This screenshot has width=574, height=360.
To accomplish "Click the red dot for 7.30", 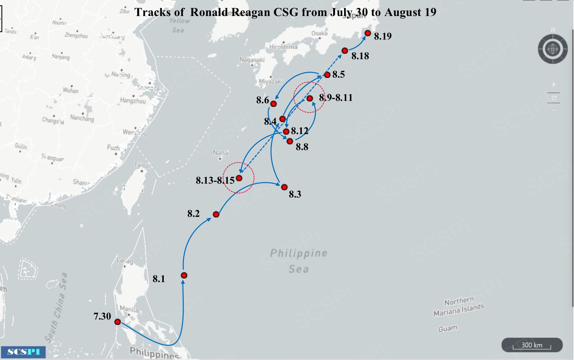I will (118, 322).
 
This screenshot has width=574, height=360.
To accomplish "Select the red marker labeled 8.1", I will (184, 275).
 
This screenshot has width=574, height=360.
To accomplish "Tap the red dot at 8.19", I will (368, 33).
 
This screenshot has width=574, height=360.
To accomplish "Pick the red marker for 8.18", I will (345, 51).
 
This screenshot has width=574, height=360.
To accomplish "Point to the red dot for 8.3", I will (284, 187).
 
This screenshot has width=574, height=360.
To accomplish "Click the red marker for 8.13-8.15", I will (239, 178).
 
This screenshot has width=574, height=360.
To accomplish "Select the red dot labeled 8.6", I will (273, 104).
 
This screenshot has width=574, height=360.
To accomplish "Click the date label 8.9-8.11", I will (336, 98).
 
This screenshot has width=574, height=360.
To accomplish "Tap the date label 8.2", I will (193, 214).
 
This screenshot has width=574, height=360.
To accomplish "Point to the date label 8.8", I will (302, 147).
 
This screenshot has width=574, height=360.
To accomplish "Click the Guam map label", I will (448, 328).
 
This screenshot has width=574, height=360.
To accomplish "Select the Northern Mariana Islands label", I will (459, 306).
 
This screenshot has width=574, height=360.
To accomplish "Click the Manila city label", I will (129, 309).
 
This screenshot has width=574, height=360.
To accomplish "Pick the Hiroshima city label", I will (283, 47).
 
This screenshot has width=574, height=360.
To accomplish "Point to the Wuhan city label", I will (71, 90).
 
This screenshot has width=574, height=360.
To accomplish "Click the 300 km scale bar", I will (532, 345).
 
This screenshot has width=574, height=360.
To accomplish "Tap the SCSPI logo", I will (23, 352).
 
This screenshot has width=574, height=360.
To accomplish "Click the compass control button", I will (553, 49).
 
